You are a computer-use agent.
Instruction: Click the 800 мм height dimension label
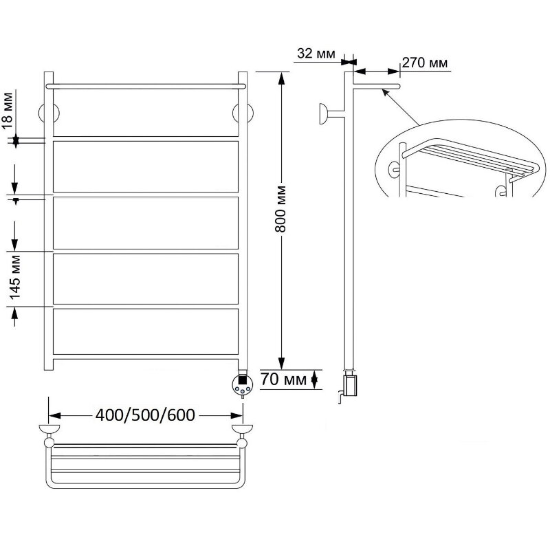[x=281, y=210]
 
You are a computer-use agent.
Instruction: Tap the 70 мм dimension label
[x=283, y=379]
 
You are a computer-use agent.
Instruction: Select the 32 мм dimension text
[x=316, y=54]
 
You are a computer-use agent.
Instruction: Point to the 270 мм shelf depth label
[x=425, y=63]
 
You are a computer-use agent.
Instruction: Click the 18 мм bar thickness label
[x=8, y=111]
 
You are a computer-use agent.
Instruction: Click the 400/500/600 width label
[x=145, y=415]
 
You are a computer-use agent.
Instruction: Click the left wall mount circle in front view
[x=48, y=113]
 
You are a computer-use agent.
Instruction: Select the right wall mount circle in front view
[x=243, y=113]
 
